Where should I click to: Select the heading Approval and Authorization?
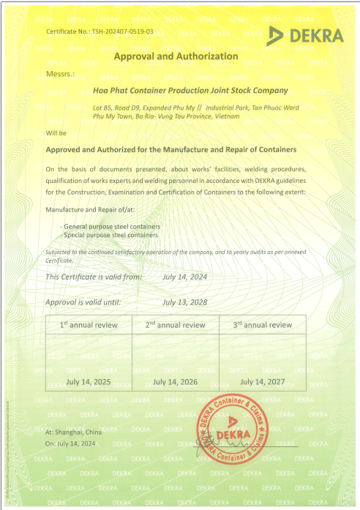point(176,56)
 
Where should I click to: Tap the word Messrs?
point(61,73)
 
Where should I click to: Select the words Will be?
point(56,133)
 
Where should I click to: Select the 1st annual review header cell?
point(89,325)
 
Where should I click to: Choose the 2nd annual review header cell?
point(176,325)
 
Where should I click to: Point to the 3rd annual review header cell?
point(263,325)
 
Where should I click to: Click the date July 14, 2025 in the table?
point(89,382)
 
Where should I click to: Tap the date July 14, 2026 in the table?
point(176,382)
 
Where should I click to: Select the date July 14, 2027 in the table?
point(263,382)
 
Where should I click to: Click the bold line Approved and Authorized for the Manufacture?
point(176,149)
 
